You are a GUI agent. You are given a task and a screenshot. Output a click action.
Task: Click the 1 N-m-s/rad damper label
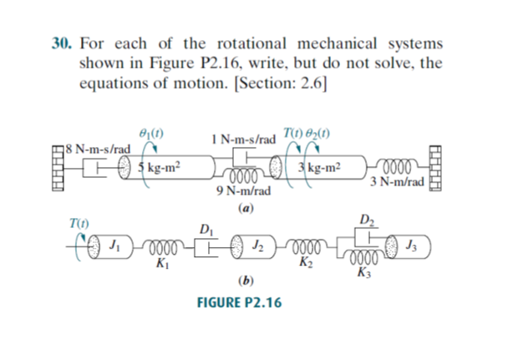pyautogui.click(x=243, y=137)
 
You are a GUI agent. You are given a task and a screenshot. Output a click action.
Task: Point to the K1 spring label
pyautogui.click(x=160, y=265)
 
